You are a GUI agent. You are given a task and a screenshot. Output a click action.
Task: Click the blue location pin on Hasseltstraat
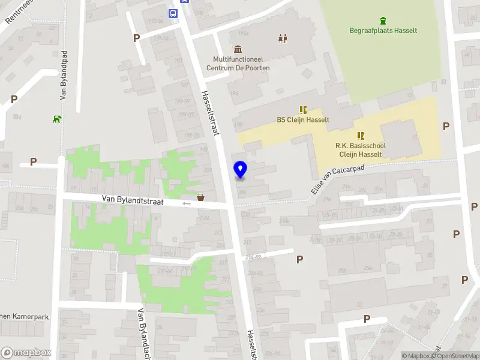240,170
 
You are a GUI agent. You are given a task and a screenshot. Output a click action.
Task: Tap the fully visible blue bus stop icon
173,13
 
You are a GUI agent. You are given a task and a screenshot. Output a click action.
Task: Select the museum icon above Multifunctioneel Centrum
238,49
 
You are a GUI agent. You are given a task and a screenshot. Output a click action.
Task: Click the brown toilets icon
283,38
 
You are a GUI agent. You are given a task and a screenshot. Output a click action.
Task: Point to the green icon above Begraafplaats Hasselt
383,20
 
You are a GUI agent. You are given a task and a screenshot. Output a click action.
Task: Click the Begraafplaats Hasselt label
383,31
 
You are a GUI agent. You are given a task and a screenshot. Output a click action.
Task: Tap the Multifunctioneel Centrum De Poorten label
238,64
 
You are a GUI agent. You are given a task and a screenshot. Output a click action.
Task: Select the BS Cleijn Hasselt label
302,119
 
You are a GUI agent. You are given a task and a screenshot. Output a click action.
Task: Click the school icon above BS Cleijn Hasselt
303,109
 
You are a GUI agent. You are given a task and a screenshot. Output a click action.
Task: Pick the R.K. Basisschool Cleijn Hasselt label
360,150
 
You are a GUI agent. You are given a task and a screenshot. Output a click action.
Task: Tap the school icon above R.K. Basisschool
361,136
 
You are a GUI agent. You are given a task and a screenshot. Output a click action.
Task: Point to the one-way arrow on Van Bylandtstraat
187,203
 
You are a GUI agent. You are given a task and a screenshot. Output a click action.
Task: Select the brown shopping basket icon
200,197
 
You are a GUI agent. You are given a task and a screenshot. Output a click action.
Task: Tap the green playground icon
57,118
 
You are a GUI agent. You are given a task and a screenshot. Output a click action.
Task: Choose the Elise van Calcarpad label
338,179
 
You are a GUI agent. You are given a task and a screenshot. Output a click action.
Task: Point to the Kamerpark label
24,316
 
